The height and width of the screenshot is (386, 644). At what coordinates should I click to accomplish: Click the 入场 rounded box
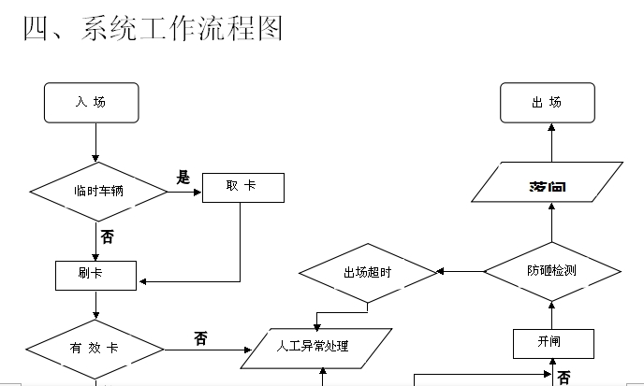coord(91,103)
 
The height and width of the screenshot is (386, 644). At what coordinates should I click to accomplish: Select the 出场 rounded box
coord(548,103)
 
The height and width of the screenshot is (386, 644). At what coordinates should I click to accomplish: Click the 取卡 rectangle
coord(241,187)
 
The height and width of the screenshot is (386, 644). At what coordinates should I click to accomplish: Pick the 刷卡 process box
coord(96,275)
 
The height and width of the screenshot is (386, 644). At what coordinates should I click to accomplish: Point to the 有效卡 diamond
coord(95,349)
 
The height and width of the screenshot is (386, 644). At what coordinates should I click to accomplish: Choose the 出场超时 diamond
coord(368,272)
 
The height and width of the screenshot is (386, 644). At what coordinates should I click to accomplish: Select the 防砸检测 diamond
coord(552,271)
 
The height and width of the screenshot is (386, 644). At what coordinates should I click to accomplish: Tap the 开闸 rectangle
coord(553,343)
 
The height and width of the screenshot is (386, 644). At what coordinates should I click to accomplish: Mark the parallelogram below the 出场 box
coord(547,182)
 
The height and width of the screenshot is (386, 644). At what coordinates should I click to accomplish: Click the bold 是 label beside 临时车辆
coord(183,178)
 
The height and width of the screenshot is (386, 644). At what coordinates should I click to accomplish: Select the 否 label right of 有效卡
coord(201,338)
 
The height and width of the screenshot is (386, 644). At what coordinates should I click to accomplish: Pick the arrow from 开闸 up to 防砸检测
coord(552,315)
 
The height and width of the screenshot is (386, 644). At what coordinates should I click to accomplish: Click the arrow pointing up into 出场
coord(552,142)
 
